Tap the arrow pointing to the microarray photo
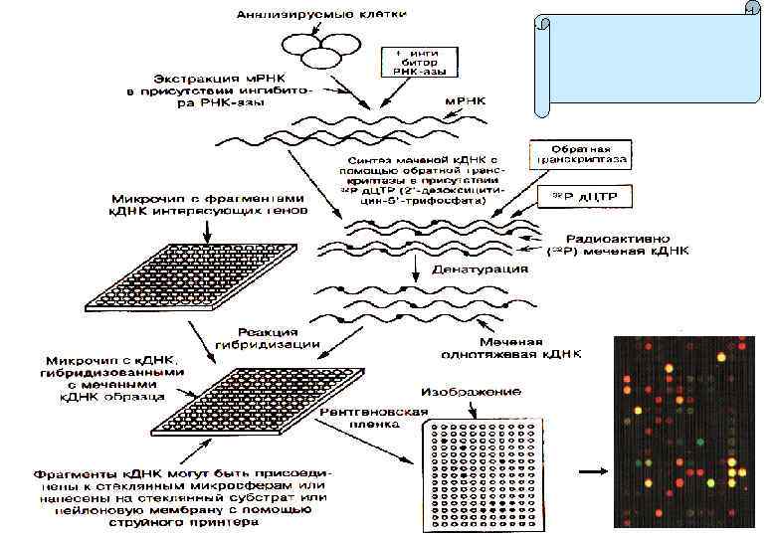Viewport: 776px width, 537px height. tap(594, 468)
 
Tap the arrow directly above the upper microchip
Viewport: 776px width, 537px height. tap(206, 230)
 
